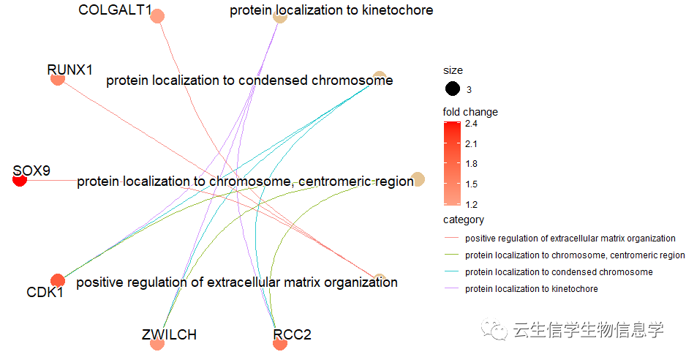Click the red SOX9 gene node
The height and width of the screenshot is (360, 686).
pos(20,179)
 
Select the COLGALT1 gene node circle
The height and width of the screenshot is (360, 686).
pos(157,16)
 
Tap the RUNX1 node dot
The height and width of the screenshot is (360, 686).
pos(58,78)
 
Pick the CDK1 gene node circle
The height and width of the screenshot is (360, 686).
pos(58,281)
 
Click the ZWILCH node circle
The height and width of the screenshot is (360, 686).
pos(157,343)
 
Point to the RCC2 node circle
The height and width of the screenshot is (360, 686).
pos(280,343)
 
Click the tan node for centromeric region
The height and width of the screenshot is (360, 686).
pos(418,179)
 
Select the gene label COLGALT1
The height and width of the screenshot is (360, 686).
pos(115,10)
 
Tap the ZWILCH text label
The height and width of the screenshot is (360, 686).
pos(170,334)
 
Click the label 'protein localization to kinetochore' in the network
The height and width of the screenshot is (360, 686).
pos(331,10)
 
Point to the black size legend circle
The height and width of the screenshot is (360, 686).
pos(453,89)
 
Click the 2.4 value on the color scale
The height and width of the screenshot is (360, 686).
pos(471,124)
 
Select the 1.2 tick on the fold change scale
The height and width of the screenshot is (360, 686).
pos(471,204)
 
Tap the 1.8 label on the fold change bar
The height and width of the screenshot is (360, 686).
pos(471,164)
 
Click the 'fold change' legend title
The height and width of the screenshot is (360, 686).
pos(470,112)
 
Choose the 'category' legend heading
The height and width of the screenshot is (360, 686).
pos(464,220)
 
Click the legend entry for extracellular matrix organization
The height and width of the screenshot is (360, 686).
pos(570,239)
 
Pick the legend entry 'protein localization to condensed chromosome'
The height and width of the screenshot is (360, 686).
pos(559,272)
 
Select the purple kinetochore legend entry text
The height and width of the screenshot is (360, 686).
pos(531,288)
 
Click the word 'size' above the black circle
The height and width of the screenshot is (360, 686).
pos(453,70)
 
